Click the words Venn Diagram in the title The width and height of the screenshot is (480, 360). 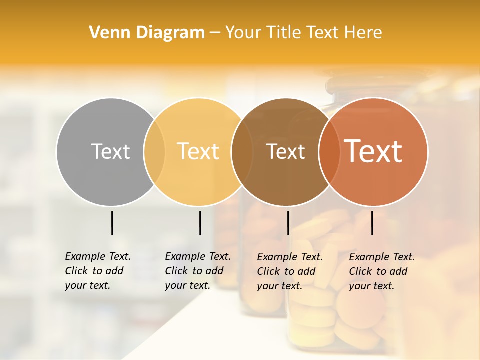click(x=147, y=33)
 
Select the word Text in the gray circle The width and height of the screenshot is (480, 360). click(x=110, y=151)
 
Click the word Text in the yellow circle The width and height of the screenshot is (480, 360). click(x=198, y=151)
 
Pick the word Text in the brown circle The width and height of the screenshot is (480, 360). click(x=285, y=151)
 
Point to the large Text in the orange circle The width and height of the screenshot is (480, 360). click(x=373, y=151)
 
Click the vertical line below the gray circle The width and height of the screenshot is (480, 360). click(x=112, y=223)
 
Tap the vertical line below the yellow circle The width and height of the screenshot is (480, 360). click(x=200, y=223)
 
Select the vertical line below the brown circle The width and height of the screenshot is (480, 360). click(x=288, y=223)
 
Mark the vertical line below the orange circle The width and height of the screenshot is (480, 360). click(x=372, y=223)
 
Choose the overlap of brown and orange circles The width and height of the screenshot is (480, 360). click(x=328, y=152)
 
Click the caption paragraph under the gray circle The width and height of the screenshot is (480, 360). click(x=97, y=271)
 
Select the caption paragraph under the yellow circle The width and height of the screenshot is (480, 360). click(x=197, y=271)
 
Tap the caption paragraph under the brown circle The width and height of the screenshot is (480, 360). click(x=289, y=271)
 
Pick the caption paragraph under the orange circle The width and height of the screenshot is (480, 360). click(x=381, y=271)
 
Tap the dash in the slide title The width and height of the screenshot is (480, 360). click(x=215, y=33)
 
